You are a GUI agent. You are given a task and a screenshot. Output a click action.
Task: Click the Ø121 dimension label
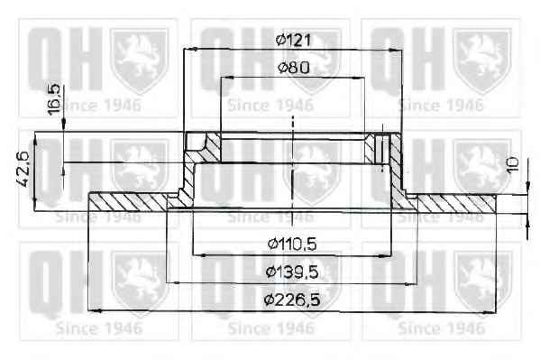293,40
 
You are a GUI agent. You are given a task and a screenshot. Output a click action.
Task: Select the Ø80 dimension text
293,68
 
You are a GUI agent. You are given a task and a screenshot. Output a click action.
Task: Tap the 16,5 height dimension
54,99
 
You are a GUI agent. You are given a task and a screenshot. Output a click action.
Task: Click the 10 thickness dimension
513,165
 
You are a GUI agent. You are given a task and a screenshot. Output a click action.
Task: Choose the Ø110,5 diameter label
292,245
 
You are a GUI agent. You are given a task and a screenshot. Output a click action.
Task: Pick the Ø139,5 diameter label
292,272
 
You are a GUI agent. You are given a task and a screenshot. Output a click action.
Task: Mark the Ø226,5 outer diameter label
292,300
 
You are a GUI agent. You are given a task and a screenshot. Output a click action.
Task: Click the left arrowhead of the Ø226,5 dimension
95,311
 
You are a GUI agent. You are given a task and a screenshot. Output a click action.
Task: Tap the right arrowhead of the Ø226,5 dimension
490,312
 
